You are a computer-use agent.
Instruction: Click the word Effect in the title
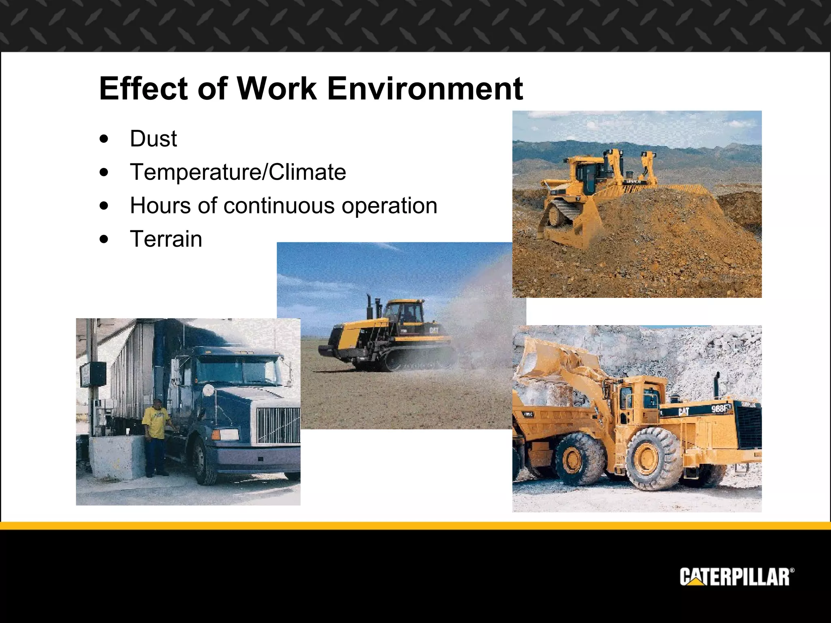point(143,88)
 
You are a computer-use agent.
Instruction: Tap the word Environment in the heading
point(425,88)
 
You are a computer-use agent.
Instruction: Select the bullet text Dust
point(153,139)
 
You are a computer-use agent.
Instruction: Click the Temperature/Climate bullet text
point(238,172)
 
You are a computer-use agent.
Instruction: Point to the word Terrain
point(166,238)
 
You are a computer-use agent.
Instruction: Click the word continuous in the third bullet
point(279,205)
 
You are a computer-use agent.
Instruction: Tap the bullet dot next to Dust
point(104,139)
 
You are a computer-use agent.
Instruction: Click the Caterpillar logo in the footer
point(736,577)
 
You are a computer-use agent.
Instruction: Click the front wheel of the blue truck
point(205,462)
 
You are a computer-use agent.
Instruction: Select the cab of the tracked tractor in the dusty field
point(402,312)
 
